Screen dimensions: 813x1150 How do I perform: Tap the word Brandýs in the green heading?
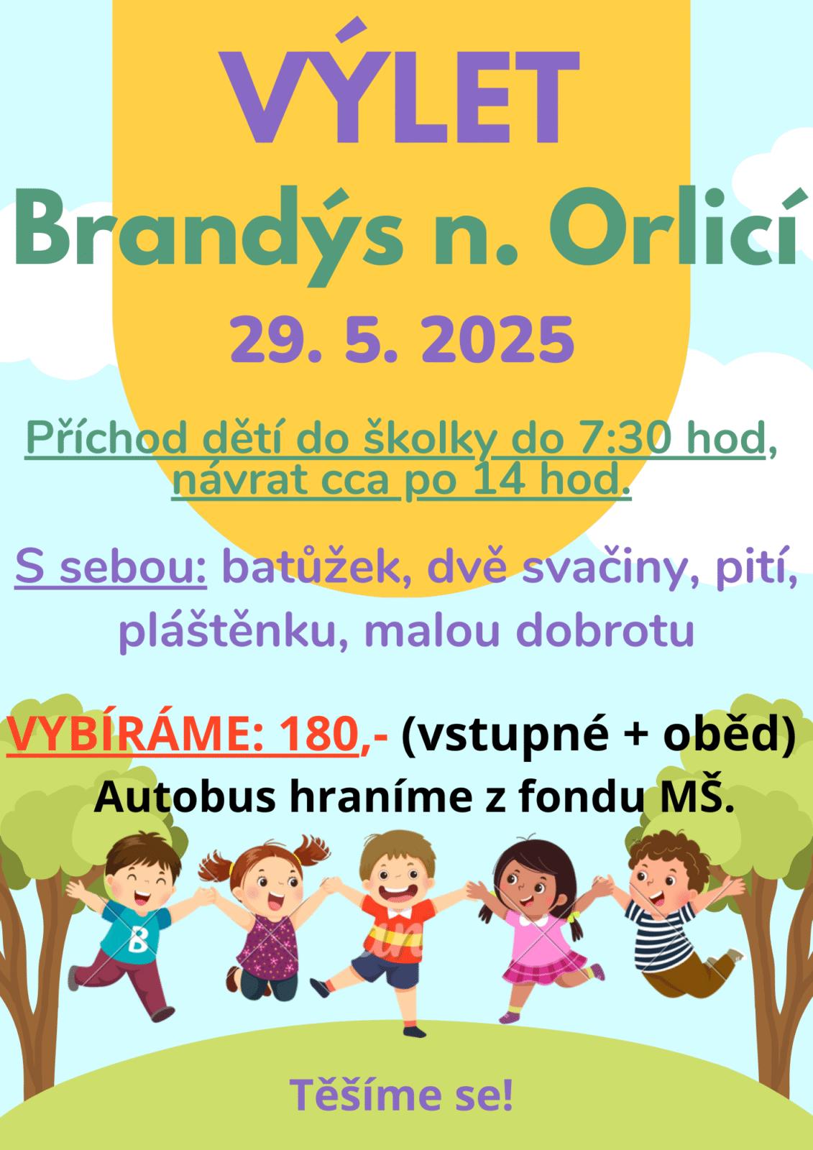pyautogui.click(x=208, y=234)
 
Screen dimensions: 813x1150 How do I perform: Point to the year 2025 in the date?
pyautogui.click(x=497, y=339)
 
